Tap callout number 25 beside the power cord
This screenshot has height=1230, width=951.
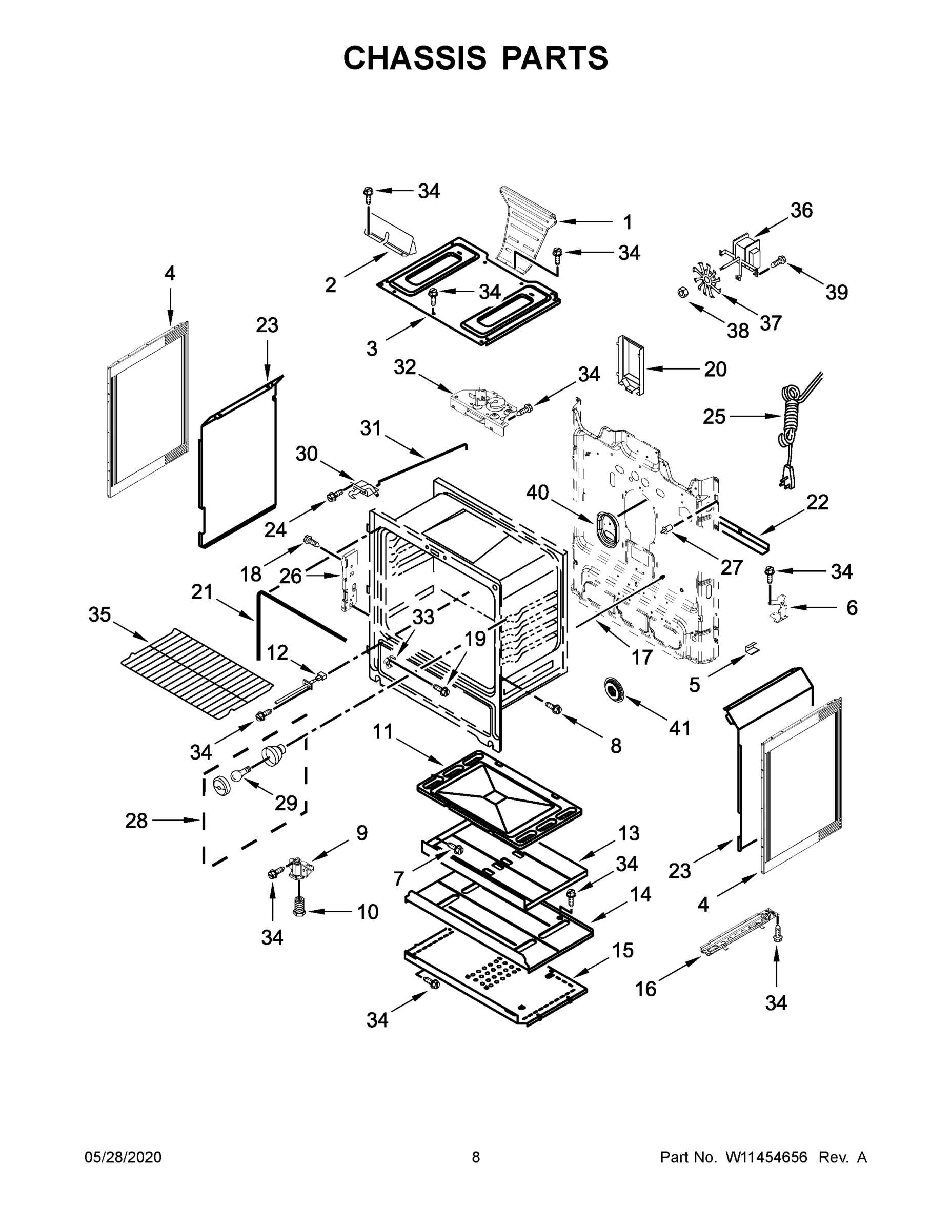point(714,417)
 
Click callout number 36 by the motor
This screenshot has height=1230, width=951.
point(801,211)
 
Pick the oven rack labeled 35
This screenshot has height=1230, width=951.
point(197,674)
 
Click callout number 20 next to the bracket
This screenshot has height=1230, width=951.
point(715,370)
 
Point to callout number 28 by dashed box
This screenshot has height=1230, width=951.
point(136,821)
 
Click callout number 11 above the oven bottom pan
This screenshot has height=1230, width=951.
point(382,732)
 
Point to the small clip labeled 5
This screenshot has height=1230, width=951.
point(751,648)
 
